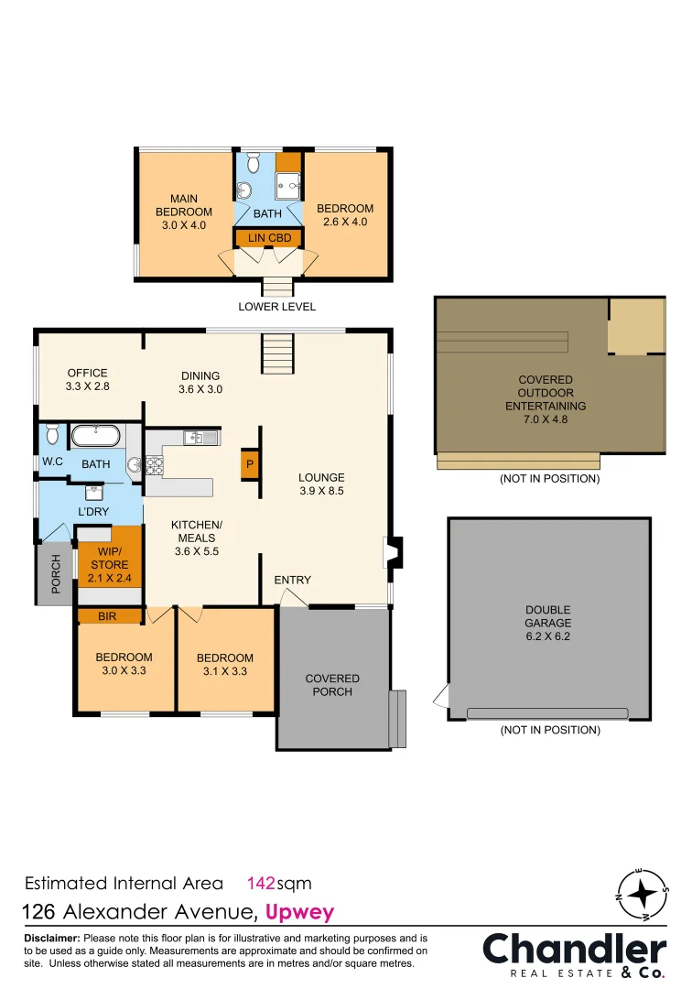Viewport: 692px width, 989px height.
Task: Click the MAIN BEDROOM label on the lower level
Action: point(183,212)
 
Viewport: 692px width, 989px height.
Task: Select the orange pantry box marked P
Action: point(249,464)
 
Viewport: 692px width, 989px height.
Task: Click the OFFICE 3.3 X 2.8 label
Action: point(88,379)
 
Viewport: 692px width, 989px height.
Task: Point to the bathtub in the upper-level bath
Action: point(95,436)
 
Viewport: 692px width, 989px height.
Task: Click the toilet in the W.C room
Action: point(52,433)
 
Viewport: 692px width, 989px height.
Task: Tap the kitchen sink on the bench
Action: point(200,438)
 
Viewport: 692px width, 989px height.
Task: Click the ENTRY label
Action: point(292,580)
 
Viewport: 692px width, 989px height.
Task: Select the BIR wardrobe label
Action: point(107,616)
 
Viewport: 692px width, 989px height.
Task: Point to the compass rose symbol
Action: point(643,892)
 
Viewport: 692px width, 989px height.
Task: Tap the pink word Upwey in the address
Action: point(299,912)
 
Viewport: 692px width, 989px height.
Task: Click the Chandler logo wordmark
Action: point(574,949)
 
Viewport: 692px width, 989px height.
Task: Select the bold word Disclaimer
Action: point(51,939)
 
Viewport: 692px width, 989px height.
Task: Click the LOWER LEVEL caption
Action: point(276,307)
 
